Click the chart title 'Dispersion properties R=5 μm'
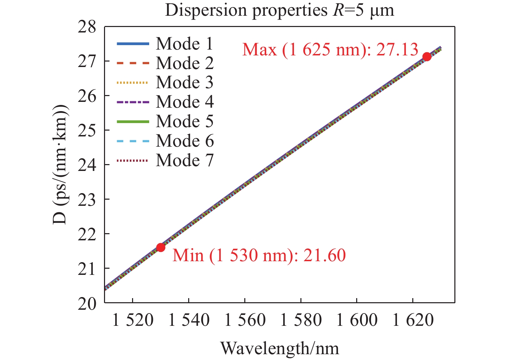pos(280,10)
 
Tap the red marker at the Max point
pos(427,56)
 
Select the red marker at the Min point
pos(160,247)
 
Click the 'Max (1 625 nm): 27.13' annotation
pos(330,50)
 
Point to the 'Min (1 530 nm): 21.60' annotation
pos(259,255)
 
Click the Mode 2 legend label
pos(184,63)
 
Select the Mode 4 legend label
pos(184,102)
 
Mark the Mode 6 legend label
pos(184,141)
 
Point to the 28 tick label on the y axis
pos(87,27)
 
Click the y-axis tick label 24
pos(87,165)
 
